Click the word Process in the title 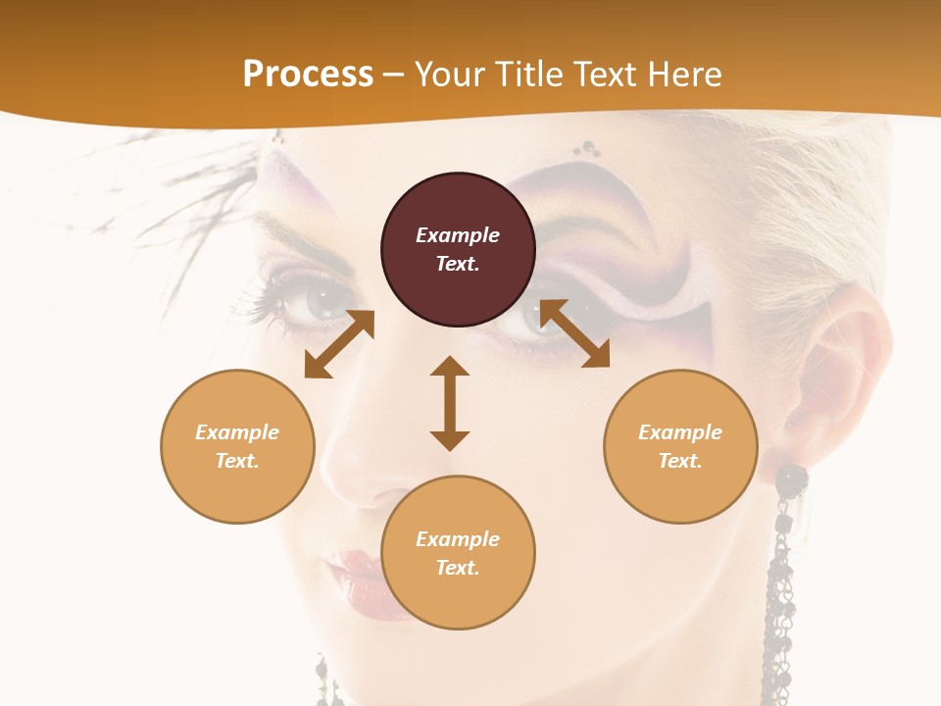tap(308, 75)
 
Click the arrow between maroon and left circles tap(339, 344)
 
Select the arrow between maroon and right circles tap(574, 333)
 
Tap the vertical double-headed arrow tap(450, 403)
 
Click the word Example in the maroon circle tap(458, 235)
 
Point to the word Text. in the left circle tap(237, 461)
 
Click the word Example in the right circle tap(680, 432)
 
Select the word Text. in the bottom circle tap(458, 568)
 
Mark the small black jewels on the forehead tap(588, 149)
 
